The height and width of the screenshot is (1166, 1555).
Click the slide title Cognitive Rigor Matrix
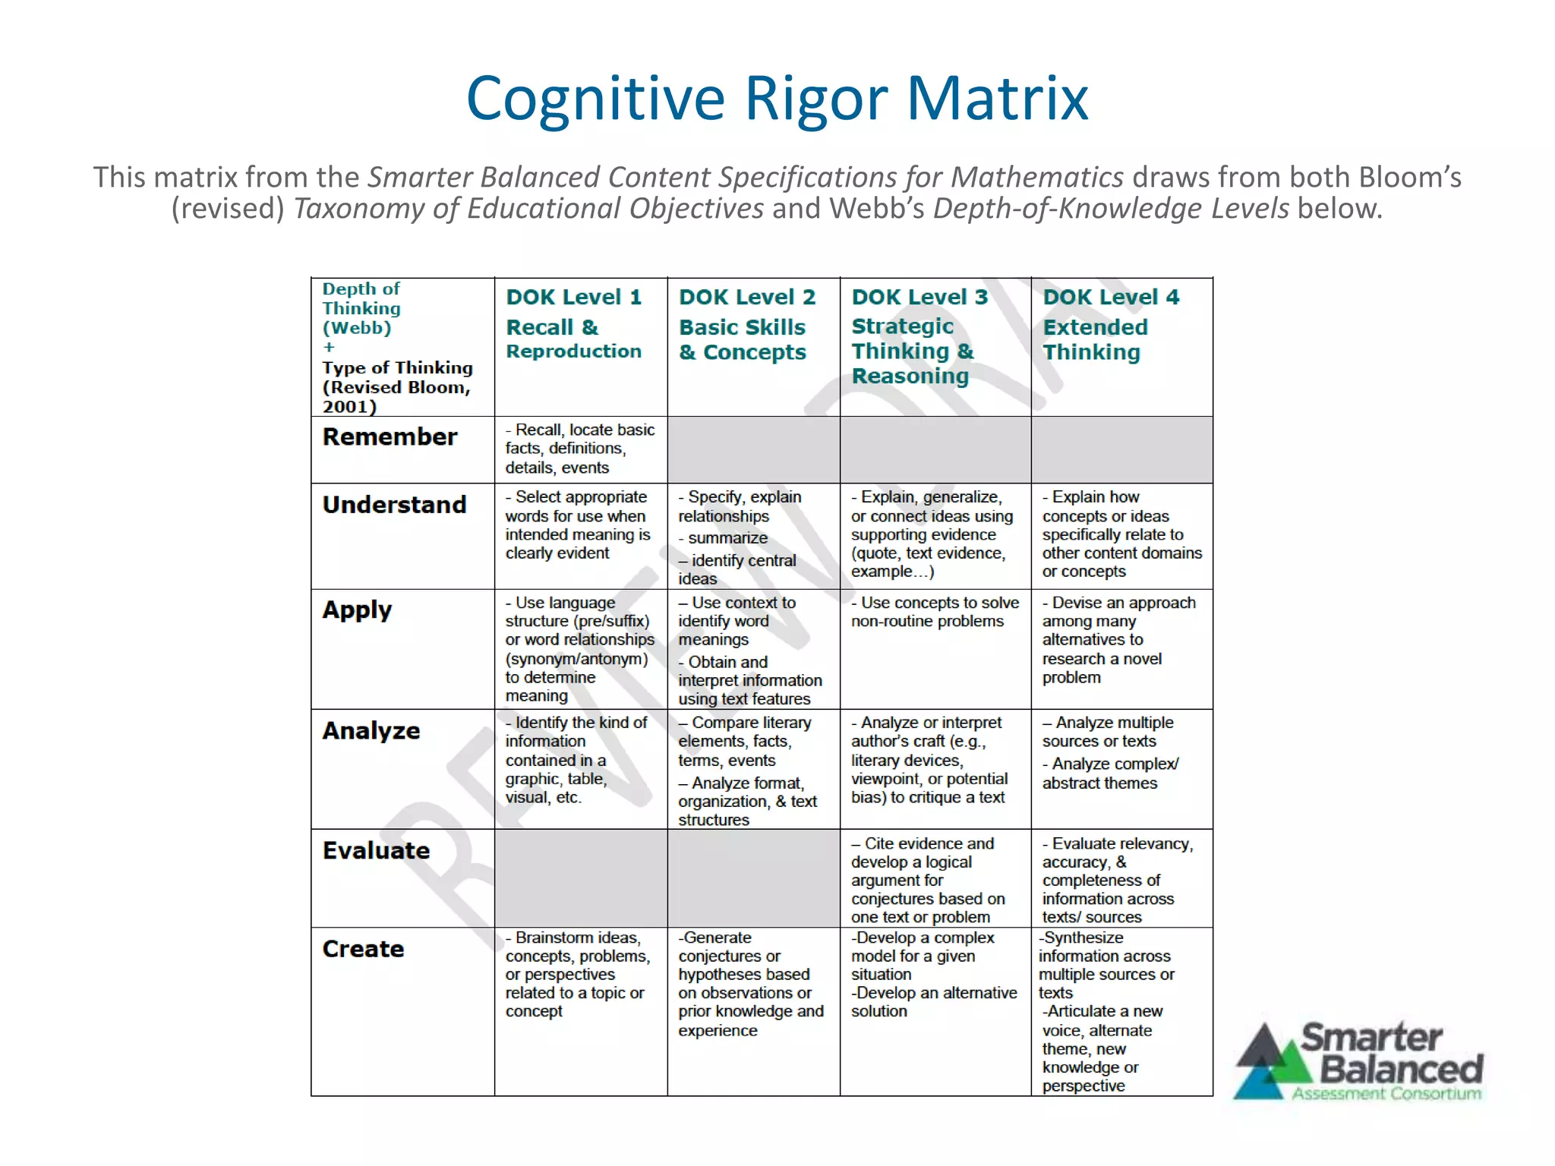tap(777, 99)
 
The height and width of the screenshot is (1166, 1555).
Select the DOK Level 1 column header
tap(574, 298)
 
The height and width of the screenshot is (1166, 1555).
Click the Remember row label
tap(390, 437)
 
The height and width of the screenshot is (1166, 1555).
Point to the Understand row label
tap(394, 505)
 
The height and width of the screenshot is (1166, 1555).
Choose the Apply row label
tap(357, 610)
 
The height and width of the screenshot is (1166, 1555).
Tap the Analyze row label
tap(371, 731)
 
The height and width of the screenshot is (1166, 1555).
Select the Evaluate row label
tap(376, 851)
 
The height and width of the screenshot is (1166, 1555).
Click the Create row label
tap(363, 949)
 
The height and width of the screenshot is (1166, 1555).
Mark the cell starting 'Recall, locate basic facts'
tap(580, 449)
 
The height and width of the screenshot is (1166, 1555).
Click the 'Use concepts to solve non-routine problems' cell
tap(935, 612)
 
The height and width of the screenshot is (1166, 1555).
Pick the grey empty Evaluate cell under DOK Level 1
tap(581, 878)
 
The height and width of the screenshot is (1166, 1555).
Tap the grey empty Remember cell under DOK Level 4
tap(1121, 449)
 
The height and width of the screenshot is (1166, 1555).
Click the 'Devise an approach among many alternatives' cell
tap(1118, 640)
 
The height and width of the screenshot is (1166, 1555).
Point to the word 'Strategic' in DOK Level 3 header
tap(902, 326)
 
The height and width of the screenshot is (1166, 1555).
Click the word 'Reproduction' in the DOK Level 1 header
tap(574, 351)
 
